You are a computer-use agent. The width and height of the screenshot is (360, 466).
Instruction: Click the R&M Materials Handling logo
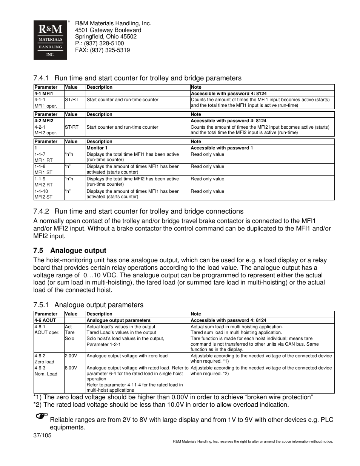[x=50, y=40]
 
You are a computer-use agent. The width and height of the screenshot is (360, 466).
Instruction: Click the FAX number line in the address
[x=102, y=50]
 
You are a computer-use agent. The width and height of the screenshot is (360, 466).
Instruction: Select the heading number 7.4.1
[x=41, y=78]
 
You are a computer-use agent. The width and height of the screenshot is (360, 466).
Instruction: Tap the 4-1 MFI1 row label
[x=44, y=94]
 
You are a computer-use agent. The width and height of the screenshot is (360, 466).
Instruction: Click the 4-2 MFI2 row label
[x=44, y=121]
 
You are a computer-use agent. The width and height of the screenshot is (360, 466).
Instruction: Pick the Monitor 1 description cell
[x=97, y=148]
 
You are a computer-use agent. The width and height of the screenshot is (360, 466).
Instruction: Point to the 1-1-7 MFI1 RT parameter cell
[x=43, y=157]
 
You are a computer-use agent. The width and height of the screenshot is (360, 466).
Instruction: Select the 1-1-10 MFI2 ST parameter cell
[x=43, y=194]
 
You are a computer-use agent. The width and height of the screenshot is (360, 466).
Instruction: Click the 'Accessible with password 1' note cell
[x=222, y=148]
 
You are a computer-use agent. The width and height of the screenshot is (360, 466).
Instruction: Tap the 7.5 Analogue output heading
[x=70, y=251]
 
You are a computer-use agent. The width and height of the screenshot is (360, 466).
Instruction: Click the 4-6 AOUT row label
[x=45, y=320]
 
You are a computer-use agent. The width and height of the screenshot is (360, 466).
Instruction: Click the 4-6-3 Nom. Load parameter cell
[x=46, y=371]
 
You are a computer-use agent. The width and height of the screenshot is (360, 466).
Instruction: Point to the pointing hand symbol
[x=42, y=416]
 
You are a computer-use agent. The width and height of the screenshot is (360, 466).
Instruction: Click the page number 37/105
[x=42, y=435]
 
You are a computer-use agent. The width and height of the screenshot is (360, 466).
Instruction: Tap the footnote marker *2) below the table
[x=37, y=404]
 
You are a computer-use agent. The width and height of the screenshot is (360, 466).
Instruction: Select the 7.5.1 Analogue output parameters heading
[x=88, y=305]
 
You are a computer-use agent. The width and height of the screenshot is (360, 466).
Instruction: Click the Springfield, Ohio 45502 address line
[x=106, y=37]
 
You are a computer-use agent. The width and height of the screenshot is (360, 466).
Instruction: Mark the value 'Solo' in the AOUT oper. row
[x=69, y=338]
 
